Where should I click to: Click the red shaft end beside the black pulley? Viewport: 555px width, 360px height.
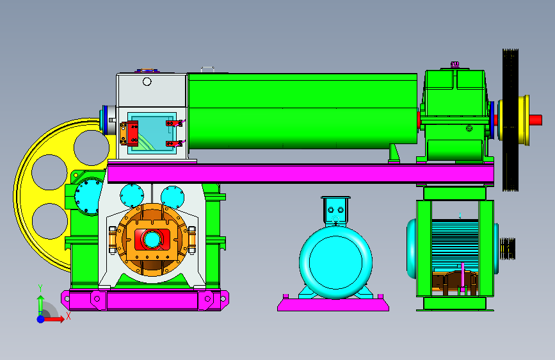click(x=536, y=120)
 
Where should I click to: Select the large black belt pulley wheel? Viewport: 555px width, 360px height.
click(x=510, y=120)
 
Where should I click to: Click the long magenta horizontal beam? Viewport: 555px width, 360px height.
click(x=300, y=174)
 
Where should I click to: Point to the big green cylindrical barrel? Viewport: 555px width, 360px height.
click(x=303, y=111)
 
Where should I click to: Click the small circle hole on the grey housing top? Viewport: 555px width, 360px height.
click(x=147, y=82)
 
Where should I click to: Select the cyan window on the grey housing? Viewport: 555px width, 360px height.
click(x=152, y=133)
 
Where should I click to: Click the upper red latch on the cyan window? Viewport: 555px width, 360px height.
click(x=174, y=123)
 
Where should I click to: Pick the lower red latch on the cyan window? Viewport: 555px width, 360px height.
click(x=174, y=143)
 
